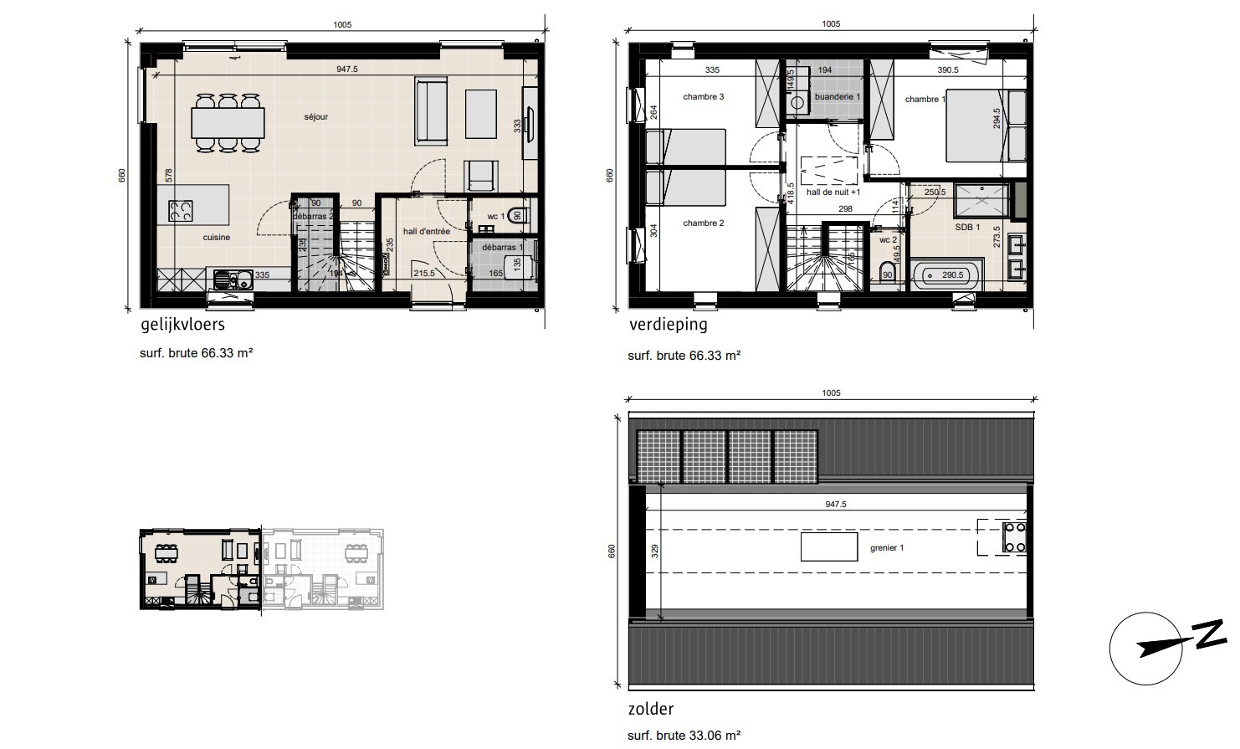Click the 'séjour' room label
pyautogui.click(x=315, y=117)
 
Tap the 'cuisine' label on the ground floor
pyautogui.click(x=216, y=238)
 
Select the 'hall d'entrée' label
pyautogui.click(x=427, y=232)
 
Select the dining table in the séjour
pyautogui.click(x=228, y=122)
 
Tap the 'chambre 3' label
pyautogui.click(x=703, y=97)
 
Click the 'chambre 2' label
pyautogui.click(x=703, y=223)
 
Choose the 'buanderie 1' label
pyautogui.click(x=837, y=97)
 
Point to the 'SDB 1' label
pyautogui.click(x=967, y=228)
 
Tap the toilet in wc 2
pyautogui.click(x=888, y=274)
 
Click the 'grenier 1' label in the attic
pyautogui.click(x=887, y=548)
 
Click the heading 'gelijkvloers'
pyautogui.click(x=182, y=325)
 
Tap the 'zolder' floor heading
pyautogui.click(x=650, y=710)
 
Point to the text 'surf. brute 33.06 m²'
pyautogui.click(x=684, y=736)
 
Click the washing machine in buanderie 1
pyautogui.click(x=797, y=101)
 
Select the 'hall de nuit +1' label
pyautogui.click(x=833, y=192)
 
